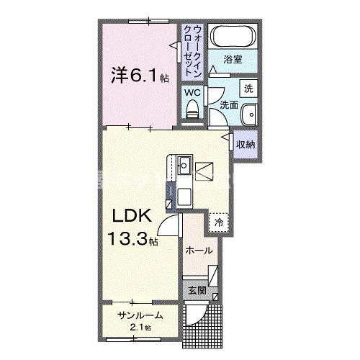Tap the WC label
click(192, 92)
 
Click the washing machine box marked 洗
click(248, 89)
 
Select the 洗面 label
click(229, 106)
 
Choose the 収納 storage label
click(246, 145)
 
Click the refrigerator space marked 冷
click(218, 223)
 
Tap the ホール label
click(199, 251)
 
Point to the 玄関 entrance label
click(197, 292)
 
